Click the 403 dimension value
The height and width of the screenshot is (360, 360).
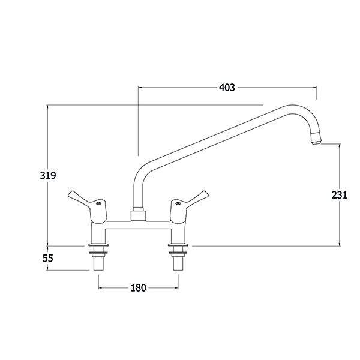(x=227, y=88)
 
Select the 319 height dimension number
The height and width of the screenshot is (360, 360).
(x=48, y=176)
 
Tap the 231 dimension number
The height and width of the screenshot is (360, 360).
(x=340, y=195)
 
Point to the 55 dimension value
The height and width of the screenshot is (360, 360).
(x=48, y=258)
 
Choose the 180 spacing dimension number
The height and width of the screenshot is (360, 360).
(x=138, y=287)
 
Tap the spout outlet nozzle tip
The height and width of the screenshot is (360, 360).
(x=315, y=139)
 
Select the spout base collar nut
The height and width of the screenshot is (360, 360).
(x=139, y=214)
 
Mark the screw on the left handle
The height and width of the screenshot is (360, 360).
(x=98, y=203)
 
